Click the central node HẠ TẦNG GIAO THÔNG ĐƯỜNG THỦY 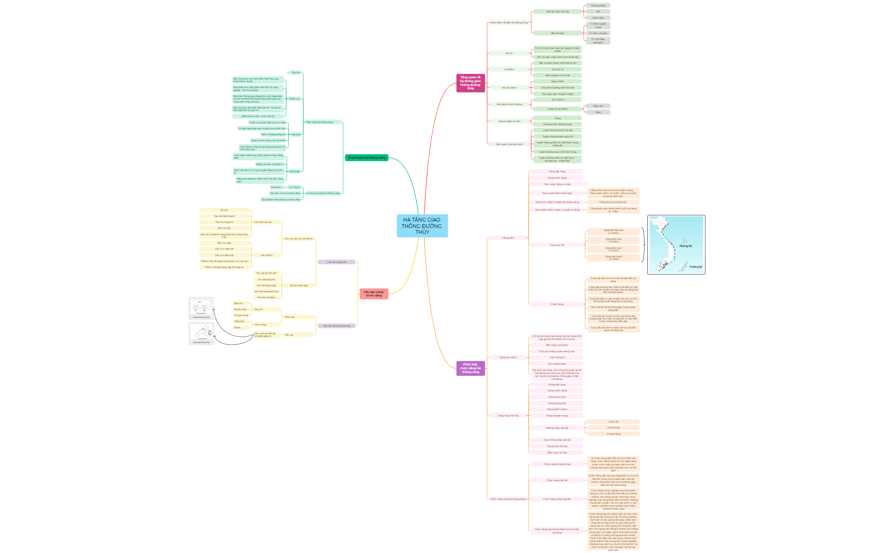422,226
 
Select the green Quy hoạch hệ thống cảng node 366,158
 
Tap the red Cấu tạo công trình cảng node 374,294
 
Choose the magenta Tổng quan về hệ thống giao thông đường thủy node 470,83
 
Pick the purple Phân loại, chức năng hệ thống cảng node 470,368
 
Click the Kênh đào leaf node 598,18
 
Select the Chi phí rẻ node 557,69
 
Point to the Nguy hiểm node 557,81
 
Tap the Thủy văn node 598,106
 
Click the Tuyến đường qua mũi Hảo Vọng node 557,152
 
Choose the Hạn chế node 296,134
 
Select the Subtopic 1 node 276,187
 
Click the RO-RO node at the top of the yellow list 224,210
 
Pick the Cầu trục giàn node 224,243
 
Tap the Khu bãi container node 266,297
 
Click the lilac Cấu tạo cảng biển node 336,262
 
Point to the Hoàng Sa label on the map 685,246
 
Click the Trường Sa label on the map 695,267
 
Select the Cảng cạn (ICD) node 508,357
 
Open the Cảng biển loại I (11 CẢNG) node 613,240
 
